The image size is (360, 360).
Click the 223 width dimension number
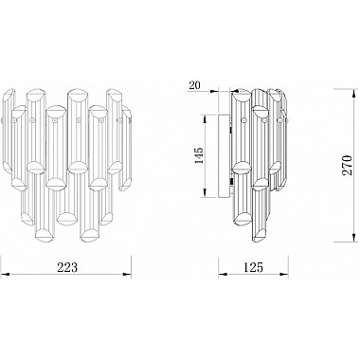[x=67, y=267]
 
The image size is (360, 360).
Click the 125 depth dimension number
[x=253, y=267]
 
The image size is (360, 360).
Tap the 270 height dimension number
[x=347, y=165]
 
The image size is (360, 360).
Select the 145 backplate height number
[x=199, y=155]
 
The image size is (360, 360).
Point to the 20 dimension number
[x=195, y=85]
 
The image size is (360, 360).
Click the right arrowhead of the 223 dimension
[x=127, y=274]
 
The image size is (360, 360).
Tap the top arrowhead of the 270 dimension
[x=353, y=94]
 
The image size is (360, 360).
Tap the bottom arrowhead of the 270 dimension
[x=353, y=238]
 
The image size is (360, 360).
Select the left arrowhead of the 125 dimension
[x=223, y=274]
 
